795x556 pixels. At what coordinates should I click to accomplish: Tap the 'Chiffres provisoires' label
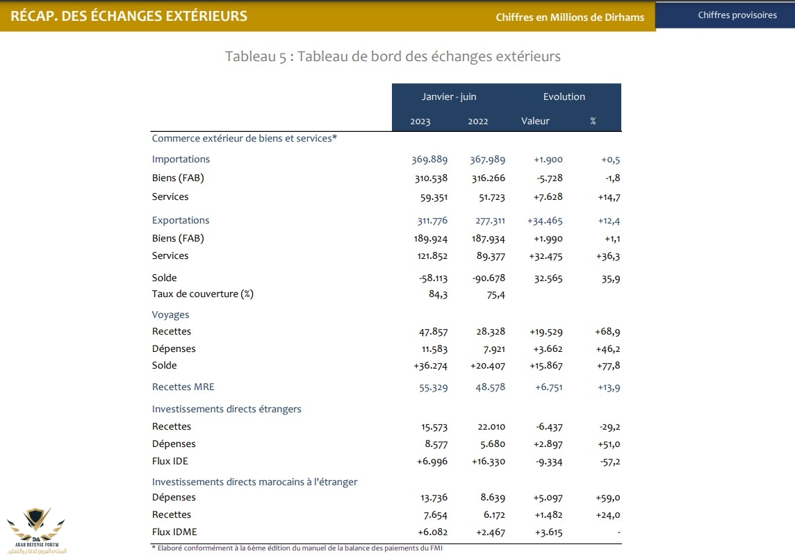click(737, 15)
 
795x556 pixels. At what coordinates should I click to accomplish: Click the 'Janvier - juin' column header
click(449, 96)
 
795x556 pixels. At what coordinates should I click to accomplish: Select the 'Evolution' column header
click(564, 96)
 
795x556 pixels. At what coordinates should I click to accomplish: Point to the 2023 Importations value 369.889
click(429, 160)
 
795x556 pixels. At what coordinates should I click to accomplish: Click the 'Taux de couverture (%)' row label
click(203, 294)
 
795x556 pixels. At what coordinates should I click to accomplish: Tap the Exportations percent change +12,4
click(609, 221)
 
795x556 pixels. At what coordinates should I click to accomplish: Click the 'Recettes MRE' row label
click(183, 387)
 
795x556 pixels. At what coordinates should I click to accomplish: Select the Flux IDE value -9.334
click(548, 462)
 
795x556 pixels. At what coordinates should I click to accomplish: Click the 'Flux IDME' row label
click(174, 532)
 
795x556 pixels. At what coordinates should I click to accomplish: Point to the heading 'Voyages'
click(170, 314)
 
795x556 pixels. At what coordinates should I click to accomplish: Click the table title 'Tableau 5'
click(393, 56)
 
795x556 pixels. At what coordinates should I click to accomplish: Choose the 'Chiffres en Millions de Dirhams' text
click(570, 17)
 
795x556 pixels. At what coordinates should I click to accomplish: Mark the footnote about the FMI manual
click(297, 548)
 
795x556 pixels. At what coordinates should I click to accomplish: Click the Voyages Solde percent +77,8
click(608, 366)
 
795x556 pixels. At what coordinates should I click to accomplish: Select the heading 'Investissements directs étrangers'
click(227, 409)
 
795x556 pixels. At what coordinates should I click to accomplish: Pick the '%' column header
click(593, 121)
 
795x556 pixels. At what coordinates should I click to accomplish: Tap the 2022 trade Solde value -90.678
click(487, 278)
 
